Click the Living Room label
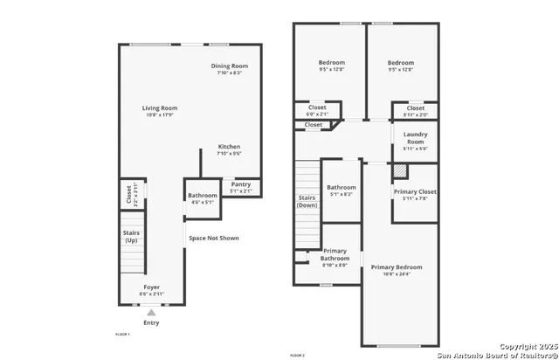[x=160, y=108]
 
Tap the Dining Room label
[x=230, y=66]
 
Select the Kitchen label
[x=229, y=147]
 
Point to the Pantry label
[x=240, y=184]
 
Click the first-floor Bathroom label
[x=202, y=195]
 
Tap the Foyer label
[x=152, y=287]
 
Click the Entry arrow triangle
[x=151, y=312]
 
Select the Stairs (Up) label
[x=130, y=236]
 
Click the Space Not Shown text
[x=213, y=238]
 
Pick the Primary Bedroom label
[x=396, y=267]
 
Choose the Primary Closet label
[x=415, y=191]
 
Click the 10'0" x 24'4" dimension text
[x=396, y=275]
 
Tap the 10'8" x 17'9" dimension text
[x=160, y=115]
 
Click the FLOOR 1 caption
[x=123, y=335]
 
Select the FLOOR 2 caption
[x=298, y=356]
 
